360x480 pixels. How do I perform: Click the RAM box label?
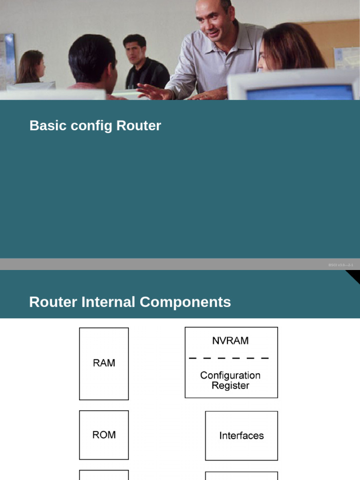point(104,363)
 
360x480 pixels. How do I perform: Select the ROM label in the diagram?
point(104,435)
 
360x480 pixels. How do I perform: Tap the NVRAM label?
point(230,341)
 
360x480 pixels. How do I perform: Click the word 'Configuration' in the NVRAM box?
point(230,375)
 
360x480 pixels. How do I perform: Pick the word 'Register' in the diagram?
point(230,386)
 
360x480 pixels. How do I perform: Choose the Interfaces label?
point(241,435)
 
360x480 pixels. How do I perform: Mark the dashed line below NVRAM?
point(229,358)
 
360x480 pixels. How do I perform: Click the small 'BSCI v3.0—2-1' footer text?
point(341,265)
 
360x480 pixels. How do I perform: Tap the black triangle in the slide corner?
point(353,276)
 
